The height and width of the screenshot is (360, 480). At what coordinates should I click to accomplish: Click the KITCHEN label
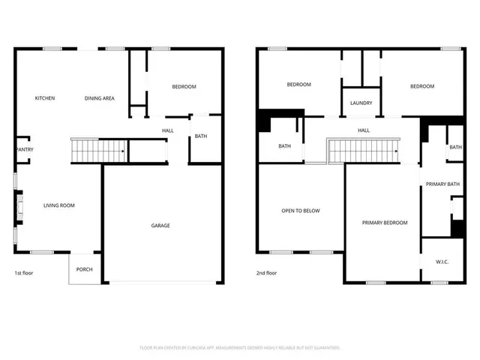click(x=45, y=98)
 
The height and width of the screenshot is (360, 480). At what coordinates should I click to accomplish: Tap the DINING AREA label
click(x=99, y=98)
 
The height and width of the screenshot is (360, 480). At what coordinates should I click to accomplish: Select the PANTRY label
click(x=24, y=149)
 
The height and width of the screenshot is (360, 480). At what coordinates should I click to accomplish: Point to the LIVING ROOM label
click(x=58, y=205)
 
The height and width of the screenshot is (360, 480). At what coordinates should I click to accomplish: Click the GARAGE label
click(x=160, y=226)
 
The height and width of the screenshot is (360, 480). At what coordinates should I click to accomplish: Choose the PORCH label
click(x=84, y=269)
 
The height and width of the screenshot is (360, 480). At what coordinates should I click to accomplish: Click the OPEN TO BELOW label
click(x=301, y=211)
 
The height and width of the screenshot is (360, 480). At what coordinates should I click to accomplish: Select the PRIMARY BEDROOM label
click(x=385, y=223)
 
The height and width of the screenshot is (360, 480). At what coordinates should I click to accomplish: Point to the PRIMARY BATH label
click(x=442, y=184)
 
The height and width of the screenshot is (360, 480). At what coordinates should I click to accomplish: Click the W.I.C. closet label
click(x=442, y=262)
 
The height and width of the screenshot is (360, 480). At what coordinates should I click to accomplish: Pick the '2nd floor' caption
click(x=267, y=273)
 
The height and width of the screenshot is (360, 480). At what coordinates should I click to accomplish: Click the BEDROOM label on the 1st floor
click(x=184, y=87)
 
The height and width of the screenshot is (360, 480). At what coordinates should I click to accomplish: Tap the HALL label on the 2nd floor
click(x=364, y=130)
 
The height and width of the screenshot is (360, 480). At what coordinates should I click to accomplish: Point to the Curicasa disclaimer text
click(x=240, y=348)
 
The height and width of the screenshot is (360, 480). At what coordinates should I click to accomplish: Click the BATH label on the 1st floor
click(x=201, y=136)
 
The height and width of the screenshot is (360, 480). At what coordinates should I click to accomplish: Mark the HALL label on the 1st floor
click(x=168, y=130)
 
